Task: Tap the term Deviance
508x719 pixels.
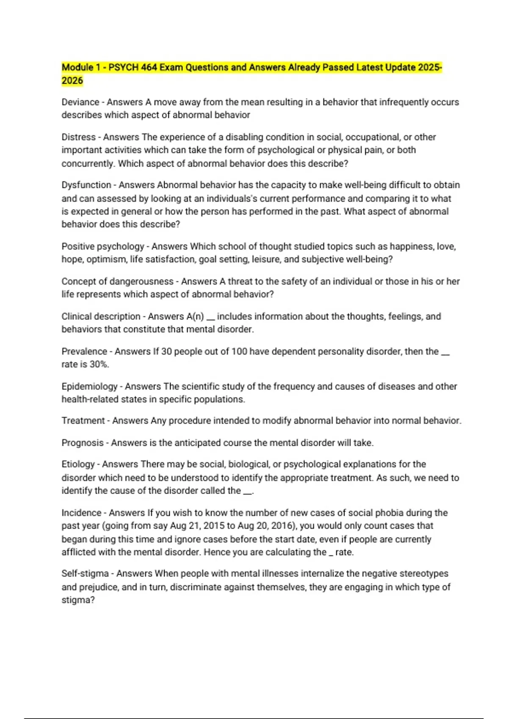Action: (x=80, y=102)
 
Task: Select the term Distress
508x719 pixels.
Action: (x=78, y=137)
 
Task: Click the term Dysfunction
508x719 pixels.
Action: (x=86, y=185)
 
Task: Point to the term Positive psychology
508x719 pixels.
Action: (x=103, y=247)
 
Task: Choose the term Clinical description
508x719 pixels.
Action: (x=101, y=317)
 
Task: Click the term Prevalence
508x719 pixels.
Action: (x=84, y=352)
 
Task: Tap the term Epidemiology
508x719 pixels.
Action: (x=89, y=387)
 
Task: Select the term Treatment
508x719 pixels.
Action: (x=83, y=421)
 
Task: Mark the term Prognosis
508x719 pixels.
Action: (x=83, y=443)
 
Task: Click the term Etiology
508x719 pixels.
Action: (x=78, y=464)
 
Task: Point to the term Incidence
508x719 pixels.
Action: (x=81, y=513)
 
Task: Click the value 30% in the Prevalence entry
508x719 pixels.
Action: (x=99, y=365)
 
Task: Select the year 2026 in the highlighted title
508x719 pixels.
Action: (x=72, y=81)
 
